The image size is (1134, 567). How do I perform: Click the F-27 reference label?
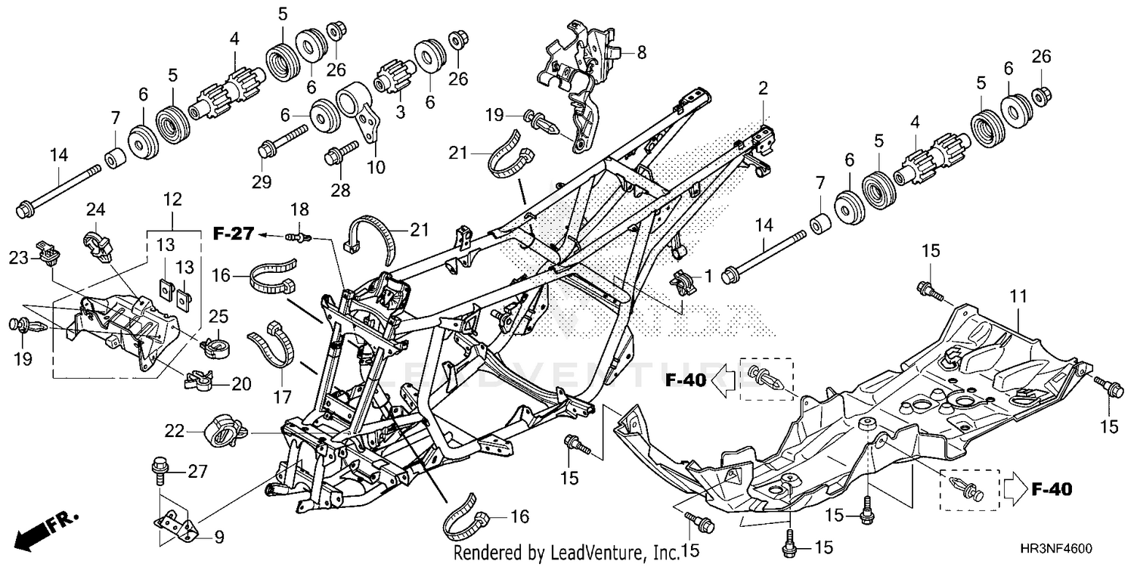pyautogui.click(x=233, y=234)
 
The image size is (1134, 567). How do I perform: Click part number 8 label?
pyautogui.click(x=641, y=52)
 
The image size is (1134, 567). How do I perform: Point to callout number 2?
pyautogui.click(x=763, y=88)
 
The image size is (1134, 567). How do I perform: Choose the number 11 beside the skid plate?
pyautogui.click(x=1018, y=296)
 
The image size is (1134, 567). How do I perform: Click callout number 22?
pyautogui.click(x=174, y=432)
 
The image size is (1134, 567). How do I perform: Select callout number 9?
pyautogui.click(x=218, y=537)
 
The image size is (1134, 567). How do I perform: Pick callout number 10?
pyautogui.click(x=376, y=167)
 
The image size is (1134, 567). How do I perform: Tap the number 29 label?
pyautogui.click(x=262, y=181)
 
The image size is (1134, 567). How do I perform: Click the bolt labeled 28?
pyautogui.click(x=341, y=153)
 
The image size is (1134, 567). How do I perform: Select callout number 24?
pyautogui.click(x=95, y=209)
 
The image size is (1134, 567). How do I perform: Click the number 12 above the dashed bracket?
pyautogui.click(x=172, y=200)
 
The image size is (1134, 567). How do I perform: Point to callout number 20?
pyautogui.click(x=241, y=384)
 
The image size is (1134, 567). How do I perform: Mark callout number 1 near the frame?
pyautogui.click(x=709, y=276)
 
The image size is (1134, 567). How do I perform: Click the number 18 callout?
pyautogui.click(x=299, y=209)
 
